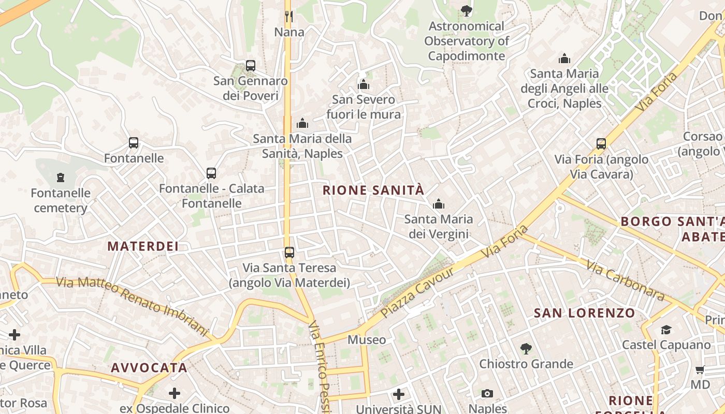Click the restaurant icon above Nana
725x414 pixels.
tap(289, 17)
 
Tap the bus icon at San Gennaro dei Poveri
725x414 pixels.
tap(251, 66)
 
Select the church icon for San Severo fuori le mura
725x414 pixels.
tap(364, 84)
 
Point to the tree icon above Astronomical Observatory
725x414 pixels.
tap(466, 10)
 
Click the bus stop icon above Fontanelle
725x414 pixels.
tap(134, 143)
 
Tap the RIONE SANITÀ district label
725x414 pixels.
tap(373, 190)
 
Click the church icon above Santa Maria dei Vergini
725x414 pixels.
tap(439, 204)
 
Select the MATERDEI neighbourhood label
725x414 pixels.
tap(143, 246)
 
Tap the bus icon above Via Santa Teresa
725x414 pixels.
tap(289, 253)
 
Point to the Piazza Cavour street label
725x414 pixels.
tap(417, 292)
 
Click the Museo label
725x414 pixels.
tap(367, 340)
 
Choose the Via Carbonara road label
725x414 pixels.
tap(625, 280)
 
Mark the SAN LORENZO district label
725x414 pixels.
tap(584, 313)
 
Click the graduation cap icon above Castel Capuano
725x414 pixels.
tap(666, 330)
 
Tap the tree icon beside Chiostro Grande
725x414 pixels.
tap(526, 349)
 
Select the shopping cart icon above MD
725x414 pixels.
tap(700, 369)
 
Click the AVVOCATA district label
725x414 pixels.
tap(149, 368)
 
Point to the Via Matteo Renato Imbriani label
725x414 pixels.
tap(132, 304)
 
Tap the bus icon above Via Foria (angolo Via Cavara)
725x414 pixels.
tap(601, 143)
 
